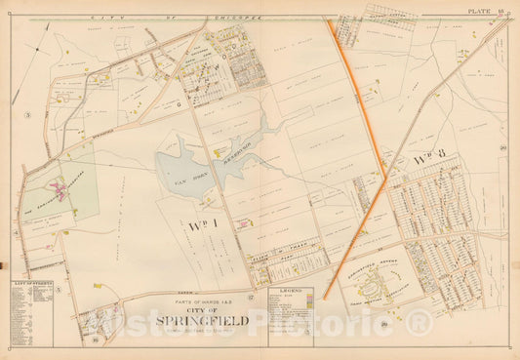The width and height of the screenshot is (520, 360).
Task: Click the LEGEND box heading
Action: pyautogui.click(x=291, y=291)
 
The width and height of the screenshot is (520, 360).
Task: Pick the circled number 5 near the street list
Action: pyautogui.click(x=58, y=290)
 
